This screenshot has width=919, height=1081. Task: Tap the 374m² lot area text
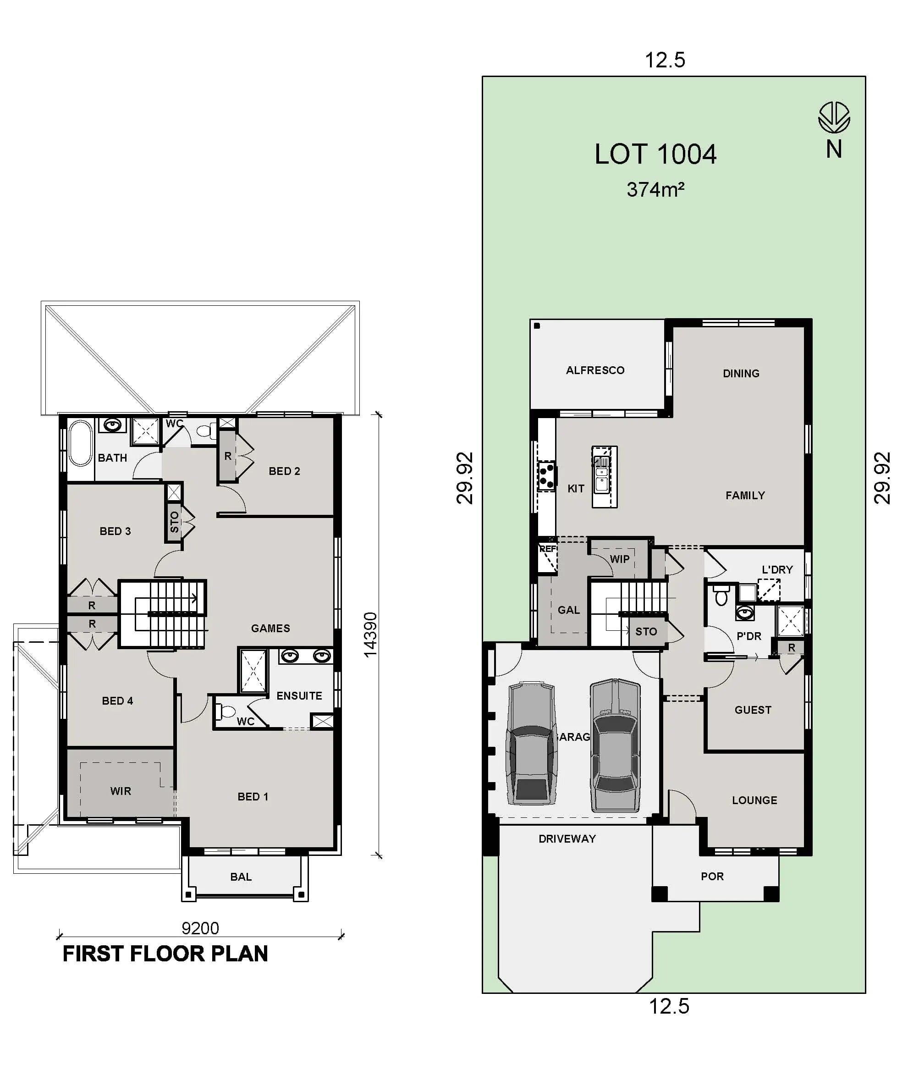click(x=655, y=190)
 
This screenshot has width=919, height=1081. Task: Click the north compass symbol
click(x=834, y=118)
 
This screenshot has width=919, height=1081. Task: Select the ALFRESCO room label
click(x=595, y=370)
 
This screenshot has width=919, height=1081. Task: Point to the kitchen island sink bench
click(x=604, y=477)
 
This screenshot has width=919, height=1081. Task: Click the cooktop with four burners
click(x=546, y=476)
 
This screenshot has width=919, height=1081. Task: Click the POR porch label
click(x=712, y=876)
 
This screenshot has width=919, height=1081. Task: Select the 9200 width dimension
click(x=200, y=928)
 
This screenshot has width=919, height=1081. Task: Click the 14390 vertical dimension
click(x=370, y=634)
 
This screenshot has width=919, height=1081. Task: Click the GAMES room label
click(x=270, y=628)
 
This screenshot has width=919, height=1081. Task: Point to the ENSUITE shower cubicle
click(x=253, y=671)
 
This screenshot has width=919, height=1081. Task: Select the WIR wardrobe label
click(x=121, y=791)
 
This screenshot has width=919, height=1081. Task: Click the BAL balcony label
click(x=241, y=877)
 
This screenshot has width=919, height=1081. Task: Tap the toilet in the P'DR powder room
click(x=721, y=595)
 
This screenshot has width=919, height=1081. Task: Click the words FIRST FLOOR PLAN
click(x=165, y=954)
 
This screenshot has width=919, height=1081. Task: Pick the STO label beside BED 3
click(x=174, y=522)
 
